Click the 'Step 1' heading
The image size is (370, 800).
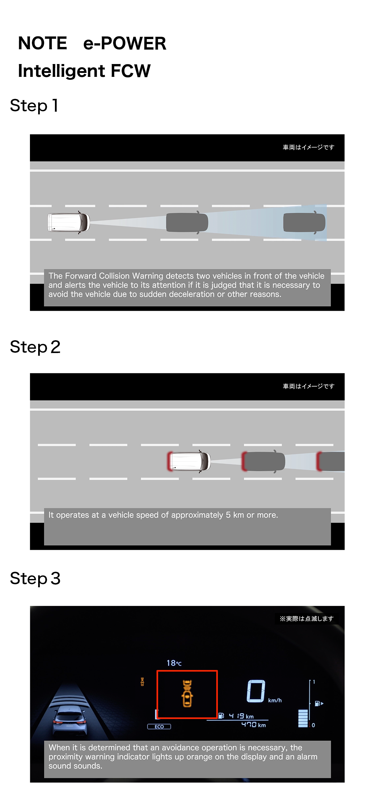coord(34,105)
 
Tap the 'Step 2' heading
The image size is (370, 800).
coord(35,347)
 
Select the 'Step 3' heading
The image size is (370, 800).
coord(35,578)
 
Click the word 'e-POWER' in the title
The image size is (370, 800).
coord(125,43)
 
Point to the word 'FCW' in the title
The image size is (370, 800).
coord(131,71)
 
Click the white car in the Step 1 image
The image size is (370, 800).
coord(68,222)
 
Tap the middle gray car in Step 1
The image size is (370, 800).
coord(187,222)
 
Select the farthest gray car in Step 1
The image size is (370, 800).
coord(304,222)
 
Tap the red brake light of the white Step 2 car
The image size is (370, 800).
coord(170,461)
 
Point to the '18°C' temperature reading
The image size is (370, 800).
coord(174,663)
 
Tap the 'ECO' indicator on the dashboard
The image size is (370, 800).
coord(159,726)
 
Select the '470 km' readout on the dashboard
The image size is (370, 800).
coord(253,725)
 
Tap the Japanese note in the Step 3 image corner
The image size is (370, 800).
coord(307,619)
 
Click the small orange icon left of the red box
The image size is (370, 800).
coord(142,682)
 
